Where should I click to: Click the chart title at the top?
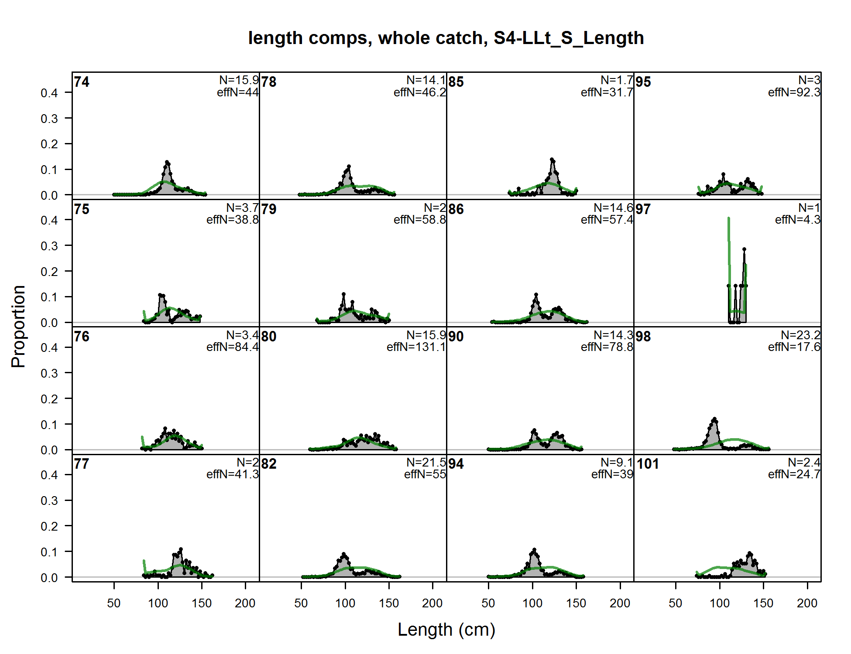pos(446,38)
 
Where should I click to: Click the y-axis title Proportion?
pos(18,326)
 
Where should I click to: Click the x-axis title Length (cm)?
pos(446,630)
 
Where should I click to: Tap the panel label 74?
pos(82,82)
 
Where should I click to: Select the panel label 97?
pos(643,209)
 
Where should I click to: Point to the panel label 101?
pos(647,464)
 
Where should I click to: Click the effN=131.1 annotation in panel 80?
pos(416,347)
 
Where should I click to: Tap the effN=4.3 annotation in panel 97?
pos(797,220)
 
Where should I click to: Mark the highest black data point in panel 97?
pos(744,249)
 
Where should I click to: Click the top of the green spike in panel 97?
pos(728,218)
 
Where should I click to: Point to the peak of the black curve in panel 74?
pos(167,162)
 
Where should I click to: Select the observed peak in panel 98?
pos(714,419)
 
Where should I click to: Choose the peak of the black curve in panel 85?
pos(552,160)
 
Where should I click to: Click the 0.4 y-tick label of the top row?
pos(49,93)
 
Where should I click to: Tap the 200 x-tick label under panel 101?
pos(807,603)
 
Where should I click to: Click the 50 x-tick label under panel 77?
pos(114,603)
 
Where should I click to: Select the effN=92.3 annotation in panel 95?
pos(794,92)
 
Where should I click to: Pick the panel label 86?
pos(456,209)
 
